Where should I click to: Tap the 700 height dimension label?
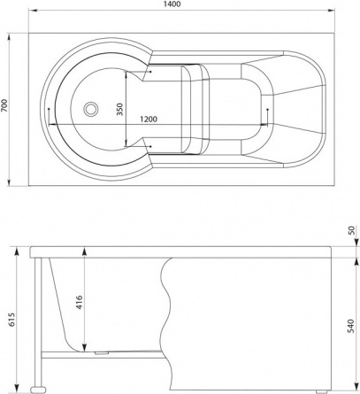4,105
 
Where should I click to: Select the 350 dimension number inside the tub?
119,109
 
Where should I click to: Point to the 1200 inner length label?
149,120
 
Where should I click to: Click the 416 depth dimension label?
79,302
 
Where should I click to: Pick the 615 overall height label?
12,320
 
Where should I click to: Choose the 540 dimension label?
351,326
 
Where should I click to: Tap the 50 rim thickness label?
351,230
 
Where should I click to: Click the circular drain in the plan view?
90,109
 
